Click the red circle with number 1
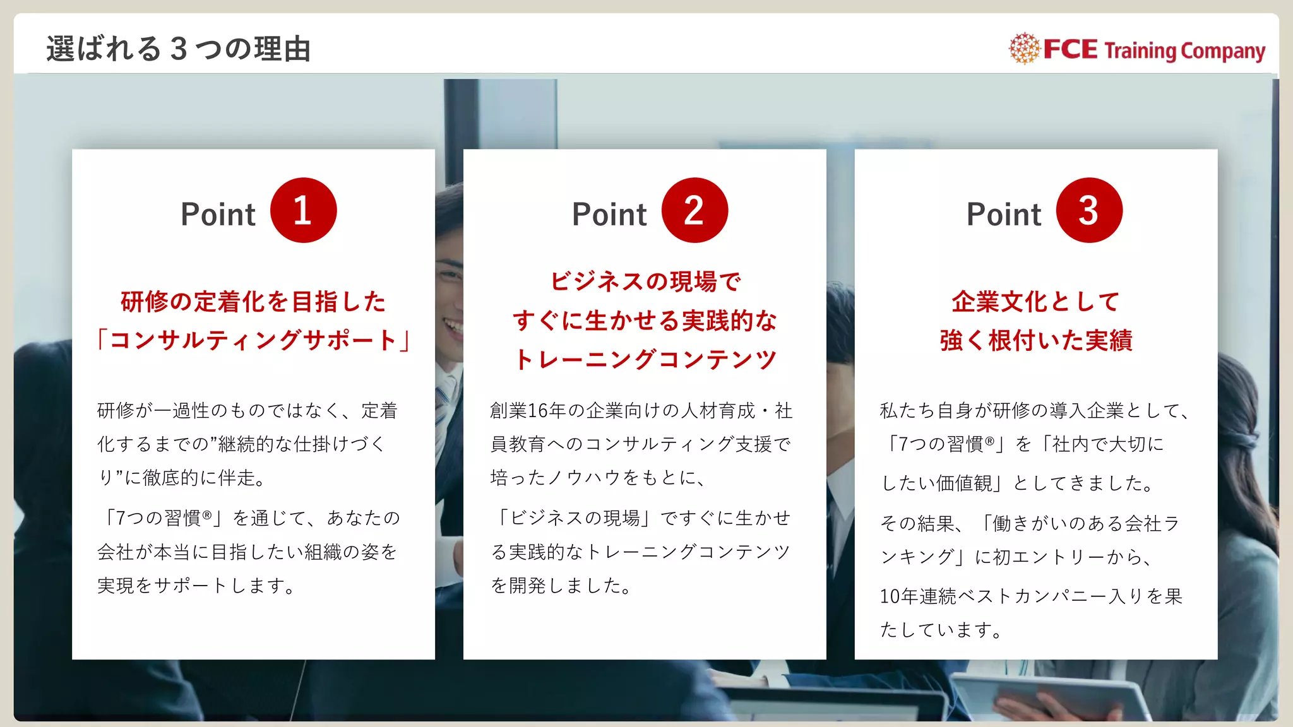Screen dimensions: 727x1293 pos(303,210)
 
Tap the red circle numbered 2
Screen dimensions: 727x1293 pos(694,210)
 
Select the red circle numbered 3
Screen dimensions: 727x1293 pos(1089,210)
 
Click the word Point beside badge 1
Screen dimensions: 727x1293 pos(218,215)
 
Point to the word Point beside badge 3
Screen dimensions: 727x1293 pos(1004,215)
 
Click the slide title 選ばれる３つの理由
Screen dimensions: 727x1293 pos(179,49)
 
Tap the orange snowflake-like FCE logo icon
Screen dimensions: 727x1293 pos(1023,49)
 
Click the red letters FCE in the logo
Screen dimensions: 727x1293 pos(1070,49)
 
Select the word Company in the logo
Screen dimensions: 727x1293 pos(1222,51)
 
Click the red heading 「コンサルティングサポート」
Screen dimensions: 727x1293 pos(253,340)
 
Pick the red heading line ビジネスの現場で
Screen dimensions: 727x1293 pos(645,281)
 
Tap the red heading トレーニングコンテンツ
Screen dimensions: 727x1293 pos(645,360)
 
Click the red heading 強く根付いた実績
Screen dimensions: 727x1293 pos(1036,340)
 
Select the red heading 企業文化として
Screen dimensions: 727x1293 pos(1036,302)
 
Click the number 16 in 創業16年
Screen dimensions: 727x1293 pos(538,411)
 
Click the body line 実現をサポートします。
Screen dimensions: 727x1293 pos(196,586)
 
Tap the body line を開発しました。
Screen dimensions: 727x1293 pos(561,586)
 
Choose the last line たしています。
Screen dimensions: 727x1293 pos(941,630)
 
